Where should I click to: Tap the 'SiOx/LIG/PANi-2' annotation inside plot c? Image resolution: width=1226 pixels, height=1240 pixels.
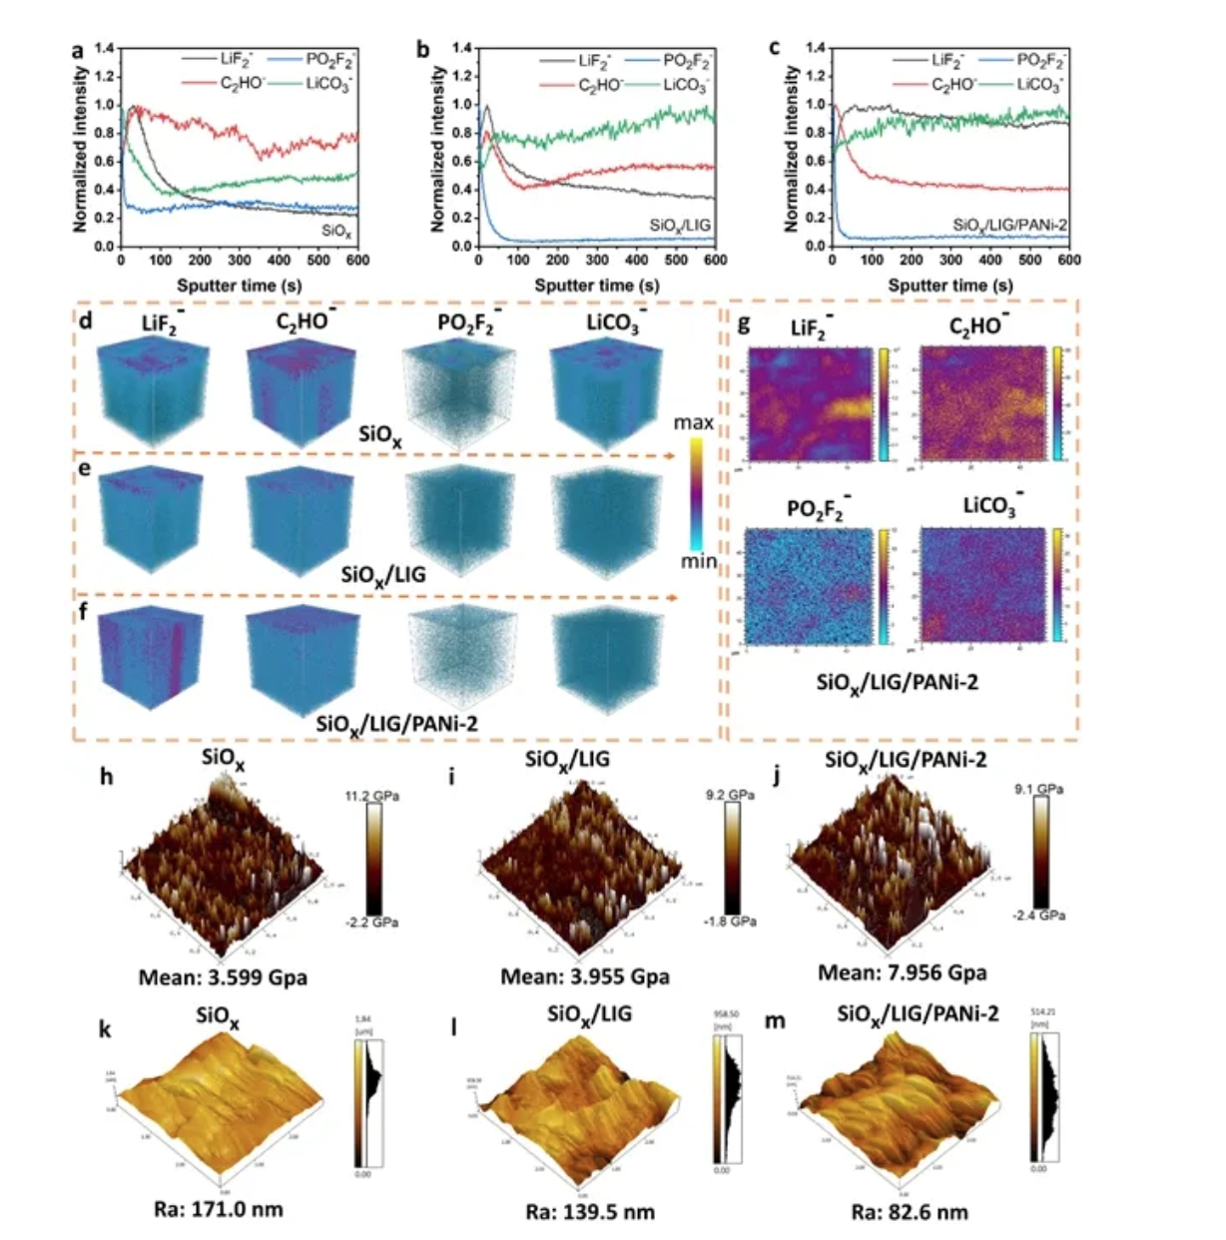click(1009, 225)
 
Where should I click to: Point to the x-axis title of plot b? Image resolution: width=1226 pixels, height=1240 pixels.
click(597, 286)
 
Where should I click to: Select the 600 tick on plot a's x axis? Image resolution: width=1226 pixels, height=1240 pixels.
click(357, 260)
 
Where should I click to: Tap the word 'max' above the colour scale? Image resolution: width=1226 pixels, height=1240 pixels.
click(693, 422)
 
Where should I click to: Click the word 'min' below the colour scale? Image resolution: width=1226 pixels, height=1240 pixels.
click(699, 562)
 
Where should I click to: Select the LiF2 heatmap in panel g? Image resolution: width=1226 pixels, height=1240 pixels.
click(810, 403)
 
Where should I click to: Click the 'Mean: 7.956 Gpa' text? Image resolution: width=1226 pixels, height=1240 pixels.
click(902, 971)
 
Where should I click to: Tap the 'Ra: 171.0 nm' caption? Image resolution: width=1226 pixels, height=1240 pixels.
click(219, 1209)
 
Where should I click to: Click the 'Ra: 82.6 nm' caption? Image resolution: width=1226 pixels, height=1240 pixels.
click(909, 1212)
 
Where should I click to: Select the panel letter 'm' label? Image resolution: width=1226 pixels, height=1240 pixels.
click(774, 1021)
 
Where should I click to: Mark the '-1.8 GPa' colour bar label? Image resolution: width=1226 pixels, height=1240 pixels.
click(730, 921)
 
